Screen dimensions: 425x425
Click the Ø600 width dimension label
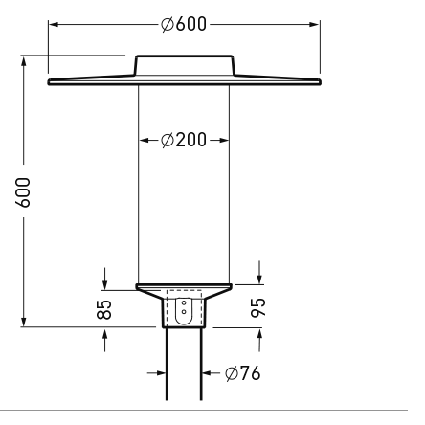tap(184, 24)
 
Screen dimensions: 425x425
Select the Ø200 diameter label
tap(184, 140)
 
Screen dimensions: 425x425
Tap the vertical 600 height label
tap(23, 192)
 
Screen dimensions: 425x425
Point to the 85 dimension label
tap(104, 309)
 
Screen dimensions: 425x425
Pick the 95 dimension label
tap(257, 307)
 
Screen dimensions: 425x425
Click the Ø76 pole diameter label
tap(243, 373)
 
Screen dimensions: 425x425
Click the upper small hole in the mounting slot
tap(184, 302)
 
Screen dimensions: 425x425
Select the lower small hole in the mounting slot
tap(184, 312)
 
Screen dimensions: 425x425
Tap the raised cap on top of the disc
tap(185, 65)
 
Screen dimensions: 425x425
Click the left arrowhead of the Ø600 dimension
tap(54, 24)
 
